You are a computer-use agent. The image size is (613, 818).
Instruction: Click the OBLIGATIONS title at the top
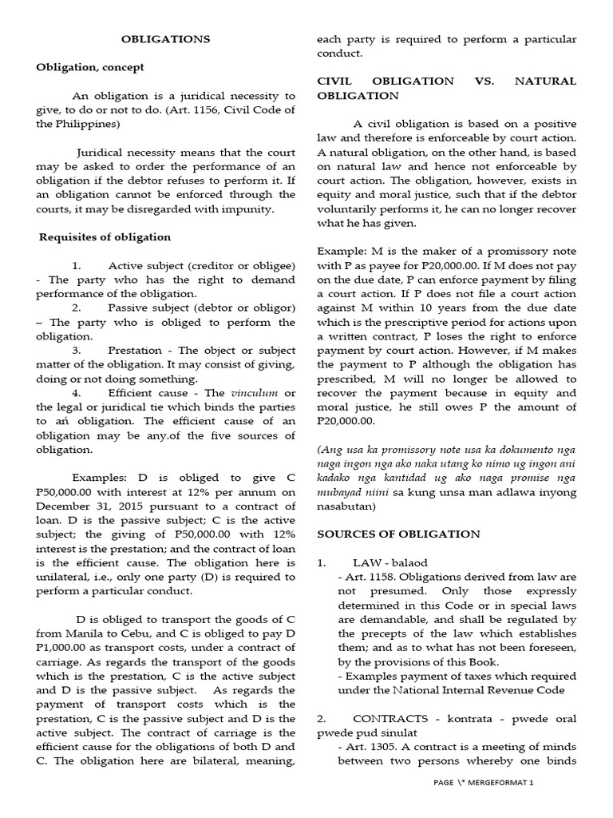point(165,38)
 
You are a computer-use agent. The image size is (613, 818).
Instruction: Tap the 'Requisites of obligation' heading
point(105,236)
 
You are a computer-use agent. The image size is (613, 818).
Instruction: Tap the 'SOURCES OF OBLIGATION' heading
point(398,534)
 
